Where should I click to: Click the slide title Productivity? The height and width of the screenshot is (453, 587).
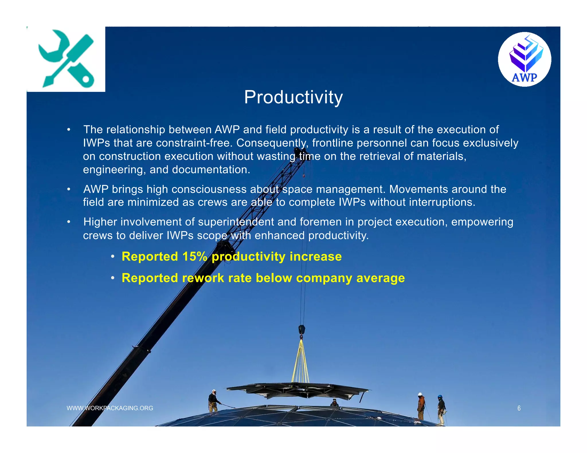click(293, 97)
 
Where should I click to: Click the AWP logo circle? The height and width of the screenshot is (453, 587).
click(524, 60)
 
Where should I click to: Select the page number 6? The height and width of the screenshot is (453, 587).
click(519, 408)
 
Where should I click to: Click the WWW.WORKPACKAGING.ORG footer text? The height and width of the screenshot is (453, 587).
click(110, 408)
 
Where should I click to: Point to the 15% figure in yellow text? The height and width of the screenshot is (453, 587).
click(195, 257)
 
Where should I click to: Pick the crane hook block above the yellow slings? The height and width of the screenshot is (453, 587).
click(302, 330)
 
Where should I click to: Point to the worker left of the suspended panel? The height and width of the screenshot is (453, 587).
click(213, 401)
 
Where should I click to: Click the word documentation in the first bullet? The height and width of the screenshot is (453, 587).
click(211, 170)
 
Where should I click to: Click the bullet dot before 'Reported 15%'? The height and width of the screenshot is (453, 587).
click(113, 257)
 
